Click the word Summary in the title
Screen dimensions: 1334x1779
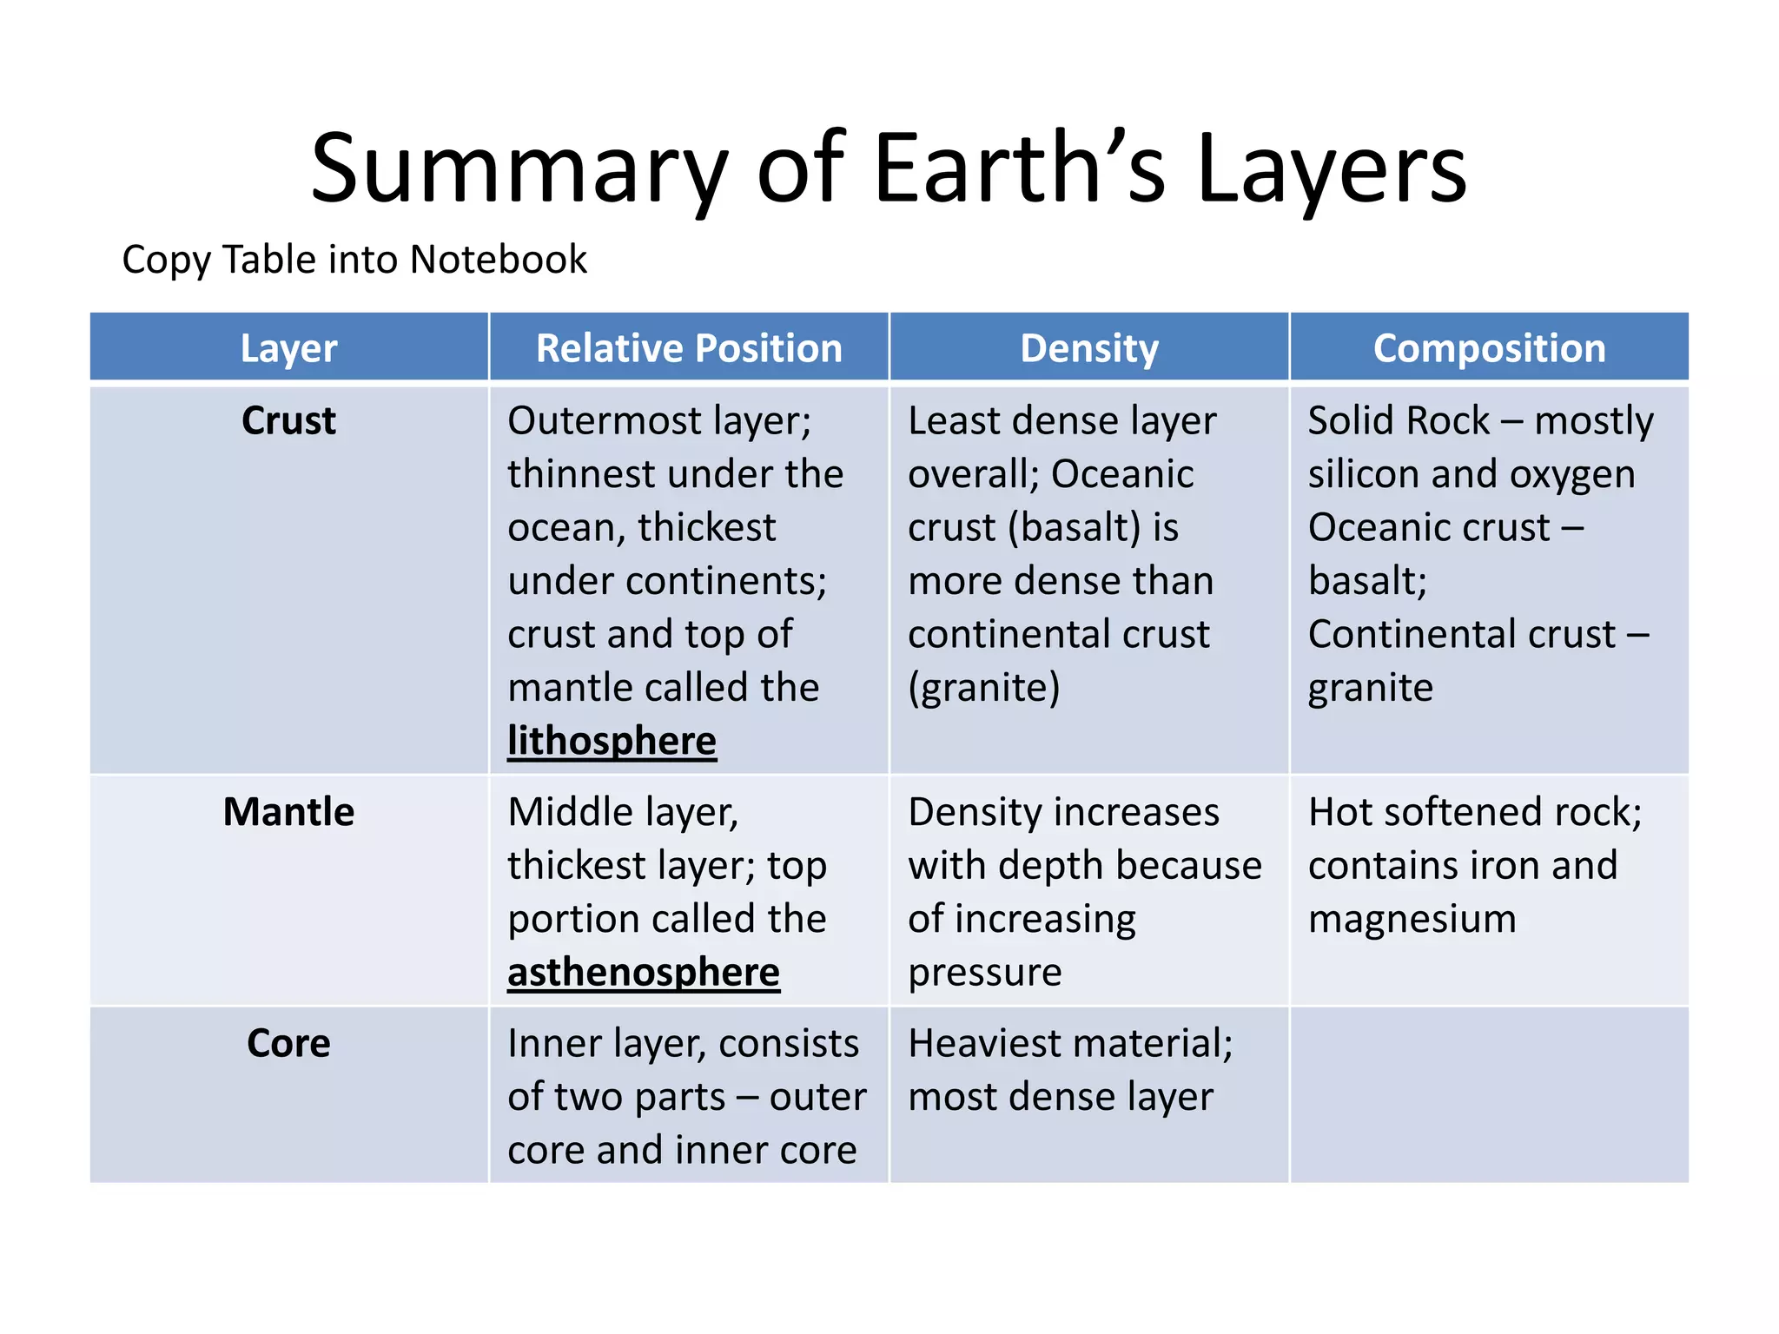(x=519, y=169)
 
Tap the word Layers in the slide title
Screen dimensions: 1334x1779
(x=1332, y=169)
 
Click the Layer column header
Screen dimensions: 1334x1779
(x=288, y=348)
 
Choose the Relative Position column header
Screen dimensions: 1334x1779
(x=689, y=348)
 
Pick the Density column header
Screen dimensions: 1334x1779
(x=1089, y=348)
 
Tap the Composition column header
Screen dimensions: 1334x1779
(x=1489, y=348)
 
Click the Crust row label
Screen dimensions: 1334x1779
(x=288, y=420)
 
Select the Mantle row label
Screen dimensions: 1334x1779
(x=288, y=812)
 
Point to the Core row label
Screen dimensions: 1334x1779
(x=288, y=1043)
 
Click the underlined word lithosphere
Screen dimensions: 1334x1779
(x=612, y=741)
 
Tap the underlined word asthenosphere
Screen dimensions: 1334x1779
(x=644, y=972)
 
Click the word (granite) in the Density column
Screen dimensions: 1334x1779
(x=983, y=688)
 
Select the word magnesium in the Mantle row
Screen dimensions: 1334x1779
(x=1412, y=919)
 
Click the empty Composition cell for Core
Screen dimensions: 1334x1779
(x=1489, y=1094)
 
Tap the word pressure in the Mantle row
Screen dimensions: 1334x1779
(x=985, y=973)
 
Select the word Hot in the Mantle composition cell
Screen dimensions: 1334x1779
(x=1340, y=812)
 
